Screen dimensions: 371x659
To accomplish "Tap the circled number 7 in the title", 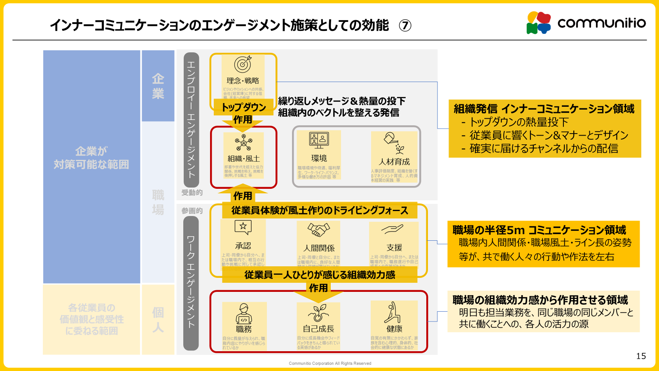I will coord(405,26).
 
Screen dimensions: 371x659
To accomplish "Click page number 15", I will coord(641,356).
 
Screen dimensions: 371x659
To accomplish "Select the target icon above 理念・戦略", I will coord(243,65).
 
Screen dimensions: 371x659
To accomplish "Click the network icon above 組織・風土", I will coord(243,143).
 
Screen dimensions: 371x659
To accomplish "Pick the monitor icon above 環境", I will coord(319,140).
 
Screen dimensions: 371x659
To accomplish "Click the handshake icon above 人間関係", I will coord(318,230).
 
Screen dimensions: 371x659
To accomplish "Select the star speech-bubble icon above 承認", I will coord(243,227).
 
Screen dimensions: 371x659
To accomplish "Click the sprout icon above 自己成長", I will coord(318,313).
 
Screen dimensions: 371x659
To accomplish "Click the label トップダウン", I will coord(244,107).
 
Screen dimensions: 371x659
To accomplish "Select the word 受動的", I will coord(192,193).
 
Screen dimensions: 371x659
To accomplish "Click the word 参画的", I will coord(192,211).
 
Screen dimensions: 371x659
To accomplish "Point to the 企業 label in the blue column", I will coord(158,86).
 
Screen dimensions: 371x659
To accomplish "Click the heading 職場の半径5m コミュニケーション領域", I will coord(539,230).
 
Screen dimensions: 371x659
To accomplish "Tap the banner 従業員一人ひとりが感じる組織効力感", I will coord(320,275).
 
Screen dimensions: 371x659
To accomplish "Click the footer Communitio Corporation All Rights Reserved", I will coord(330,364).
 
